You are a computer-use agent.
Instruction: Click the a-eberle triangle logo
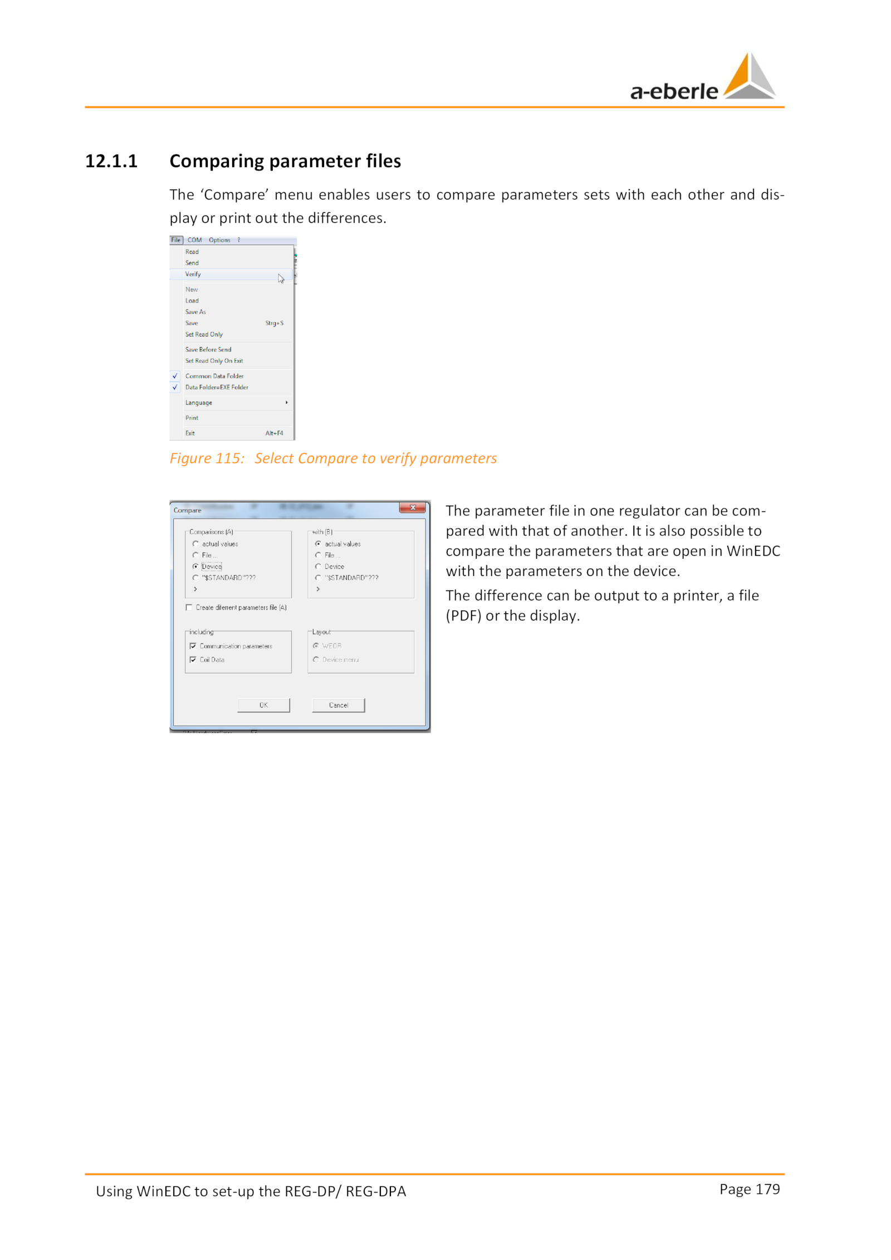click(x=749, y=77)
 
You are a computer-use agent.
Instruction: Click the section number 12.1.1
click(x=111, y=161)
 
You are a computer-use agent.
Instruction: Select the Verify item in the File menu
click(x=193, y=274)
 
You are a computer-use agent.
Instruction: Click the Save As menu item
click(x=195, y=312)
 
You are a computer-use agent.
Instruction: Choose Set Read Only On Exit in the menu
click(x=214, y=361)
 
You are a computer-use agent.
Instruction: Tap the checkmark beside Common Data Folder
click(x=175, y=376)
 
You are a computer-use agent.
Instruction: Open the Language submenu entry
click(x=199, y=403)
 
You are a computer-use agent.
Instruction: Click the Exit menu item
click(x=190, y=433)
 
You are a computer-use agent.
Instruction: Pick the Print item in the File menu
click(x=192, y=418)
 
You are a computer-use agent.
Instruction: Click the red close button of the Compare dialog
click(x=412, y=507)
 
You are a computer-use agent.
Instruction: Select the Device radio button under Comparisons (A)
click(x=195, y=566)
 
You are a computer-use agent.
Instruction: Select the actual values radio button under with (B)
click(x=318, y=544)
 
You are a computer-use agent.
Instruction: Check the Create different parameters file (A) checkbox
click(x=189, y=607)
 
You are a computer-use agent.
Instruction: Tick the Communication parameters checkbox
click(x=193, y=646)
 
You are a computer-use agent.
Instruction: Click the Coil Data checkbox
click(x=193, y=660)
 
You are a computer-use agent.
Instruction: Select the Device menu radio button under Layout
click(x=316, y=660)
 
